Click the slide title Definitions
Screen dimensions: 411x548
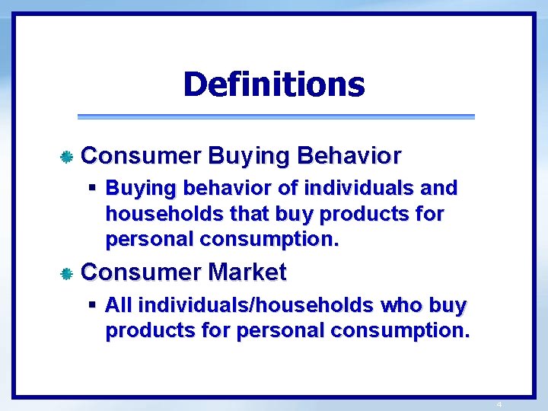pyautogui.click(x=274, y=84)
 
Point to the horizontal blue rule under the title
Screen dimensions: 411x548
pyautogui.click(x=276, y=116)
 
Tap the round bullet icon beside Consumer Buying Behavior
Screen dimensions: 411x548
pyautogui.click(x=67, y=157)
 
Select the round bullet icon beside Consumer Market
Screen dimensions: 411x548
pyautogui.click(x=67, y=273)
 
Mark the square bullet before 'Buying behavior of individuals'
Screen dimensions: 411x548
pyautogui.click(x=91, y=187)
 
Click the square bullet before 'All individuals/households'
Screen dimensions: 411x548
pyautogui.click(x=91, y=305)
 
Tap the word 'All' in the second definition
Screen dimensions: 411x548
pyautogui.click(x=119, y=305)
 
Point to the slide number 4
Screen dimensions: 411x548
pyautogui.click(x=499, y=404)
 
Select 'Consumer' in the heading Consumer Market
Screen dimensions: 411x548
pyautogui.click(x=141, y=272)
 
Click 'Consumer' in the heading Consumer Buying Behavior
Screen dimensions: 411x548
pyautogui.click(x=141, y=156)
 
